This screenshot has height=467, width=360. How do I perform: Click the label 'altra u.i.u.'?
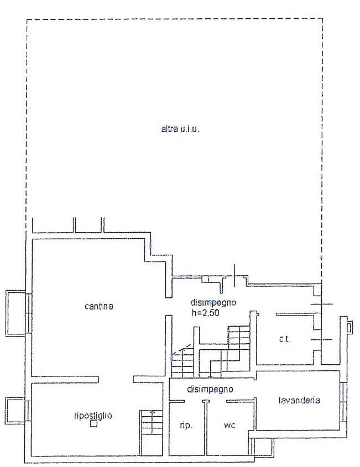180,130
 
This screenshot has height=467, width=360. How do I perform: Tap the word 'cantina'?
99,306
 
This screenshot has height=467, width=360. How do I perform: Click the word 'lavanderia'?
299,401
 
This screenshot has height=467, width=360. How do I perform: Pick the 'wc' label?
230,426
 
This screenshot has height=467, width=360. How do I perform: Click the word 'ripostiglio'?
93,416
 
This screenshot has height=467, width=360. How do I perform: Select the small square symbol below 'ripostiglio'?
93,424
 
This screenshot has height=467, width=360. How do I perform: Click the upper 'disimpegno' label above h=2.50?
213,302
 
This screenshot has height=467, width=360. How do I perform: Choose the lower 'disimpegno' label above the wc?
210,389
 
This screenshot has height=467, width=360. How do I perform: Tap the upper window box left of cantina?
15,313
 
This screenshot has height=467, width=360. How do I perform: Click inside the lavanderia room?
299,414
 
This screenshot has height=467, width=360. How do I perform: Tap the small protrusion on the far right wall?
348,328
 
